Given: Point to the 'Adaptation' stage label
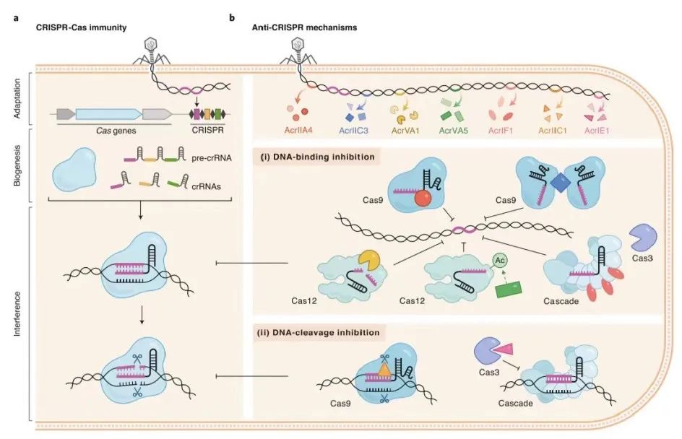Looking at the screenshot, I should point(17,98).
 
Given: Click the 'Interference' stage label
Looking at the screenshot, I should point(17,314).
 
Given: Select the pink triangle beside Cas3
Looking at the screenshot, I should point(516,349).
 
